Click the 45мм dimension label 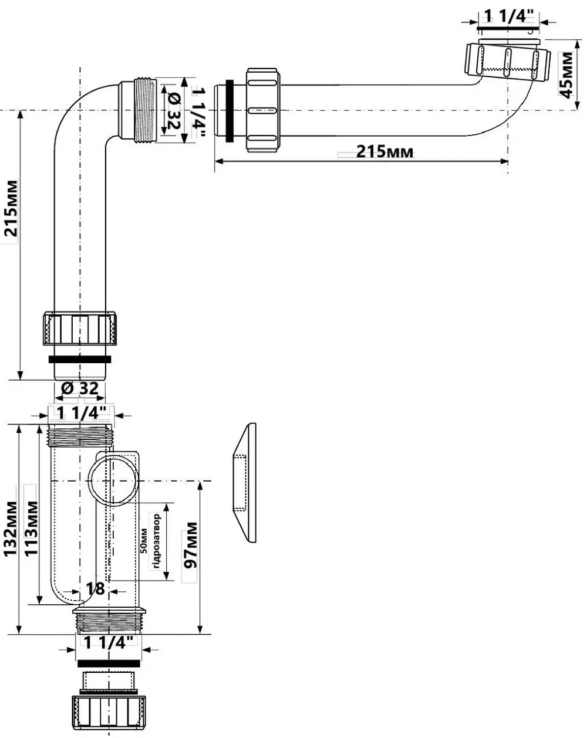pyautogui.click(x=567, y=76)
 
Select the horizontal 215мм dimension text pyautogui.click(x=384, y=153)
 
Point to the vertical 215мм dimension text pyautogui.click(x=12, y=208)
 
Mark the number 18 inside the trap pyautogui.click(x=97, y=588)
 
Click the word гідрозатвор pyautogui.click(x=156, y=541)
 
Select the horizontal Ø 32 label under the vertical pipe pyautogui.click(x=79, y=388)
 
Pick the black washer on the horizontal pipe pyautogui.click(x=232, y=110)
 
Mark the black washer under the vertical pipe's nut pyautogui.click(x=80, y=358)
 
